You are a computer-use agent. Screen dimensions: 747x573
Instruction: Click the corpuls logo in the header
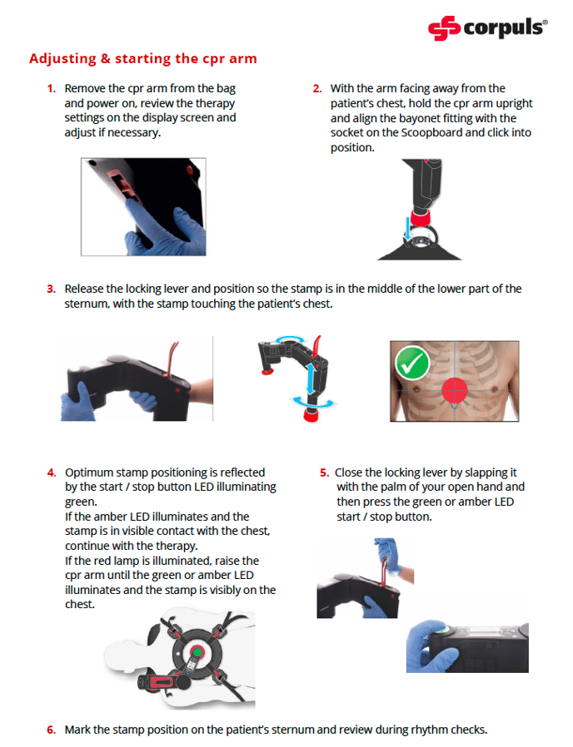pyautogui.click(x=487, y=28)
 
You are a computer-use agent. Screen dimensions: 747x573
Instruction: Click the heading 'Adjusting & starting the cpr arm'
pyautogui.click(x=142, y=59)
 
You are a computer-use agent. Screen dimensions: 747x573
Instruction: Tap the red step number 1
pyautogui.click(x=51, y=88)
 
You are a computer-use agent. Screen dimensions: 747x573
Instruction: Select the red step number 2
pyautogui.click(x=317, y=88)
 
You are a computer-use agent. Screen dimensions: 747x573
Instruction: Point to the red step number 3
pyautogui.click(x=51, y=289)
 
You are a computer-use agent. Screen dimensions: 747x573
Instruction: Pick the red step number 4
pyautogui.click(x=51, y=472)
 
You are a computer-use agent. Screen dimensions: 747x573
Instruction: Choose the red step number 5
pyautogui.click(x=325, y=472)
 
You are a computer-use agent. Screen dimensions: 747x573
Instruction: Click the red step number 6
pyautogui.click(x=51, y=730)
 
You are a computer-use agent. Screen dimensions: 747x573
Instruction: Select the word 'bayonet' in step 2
pyautogui.click(x=415, y=118)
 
